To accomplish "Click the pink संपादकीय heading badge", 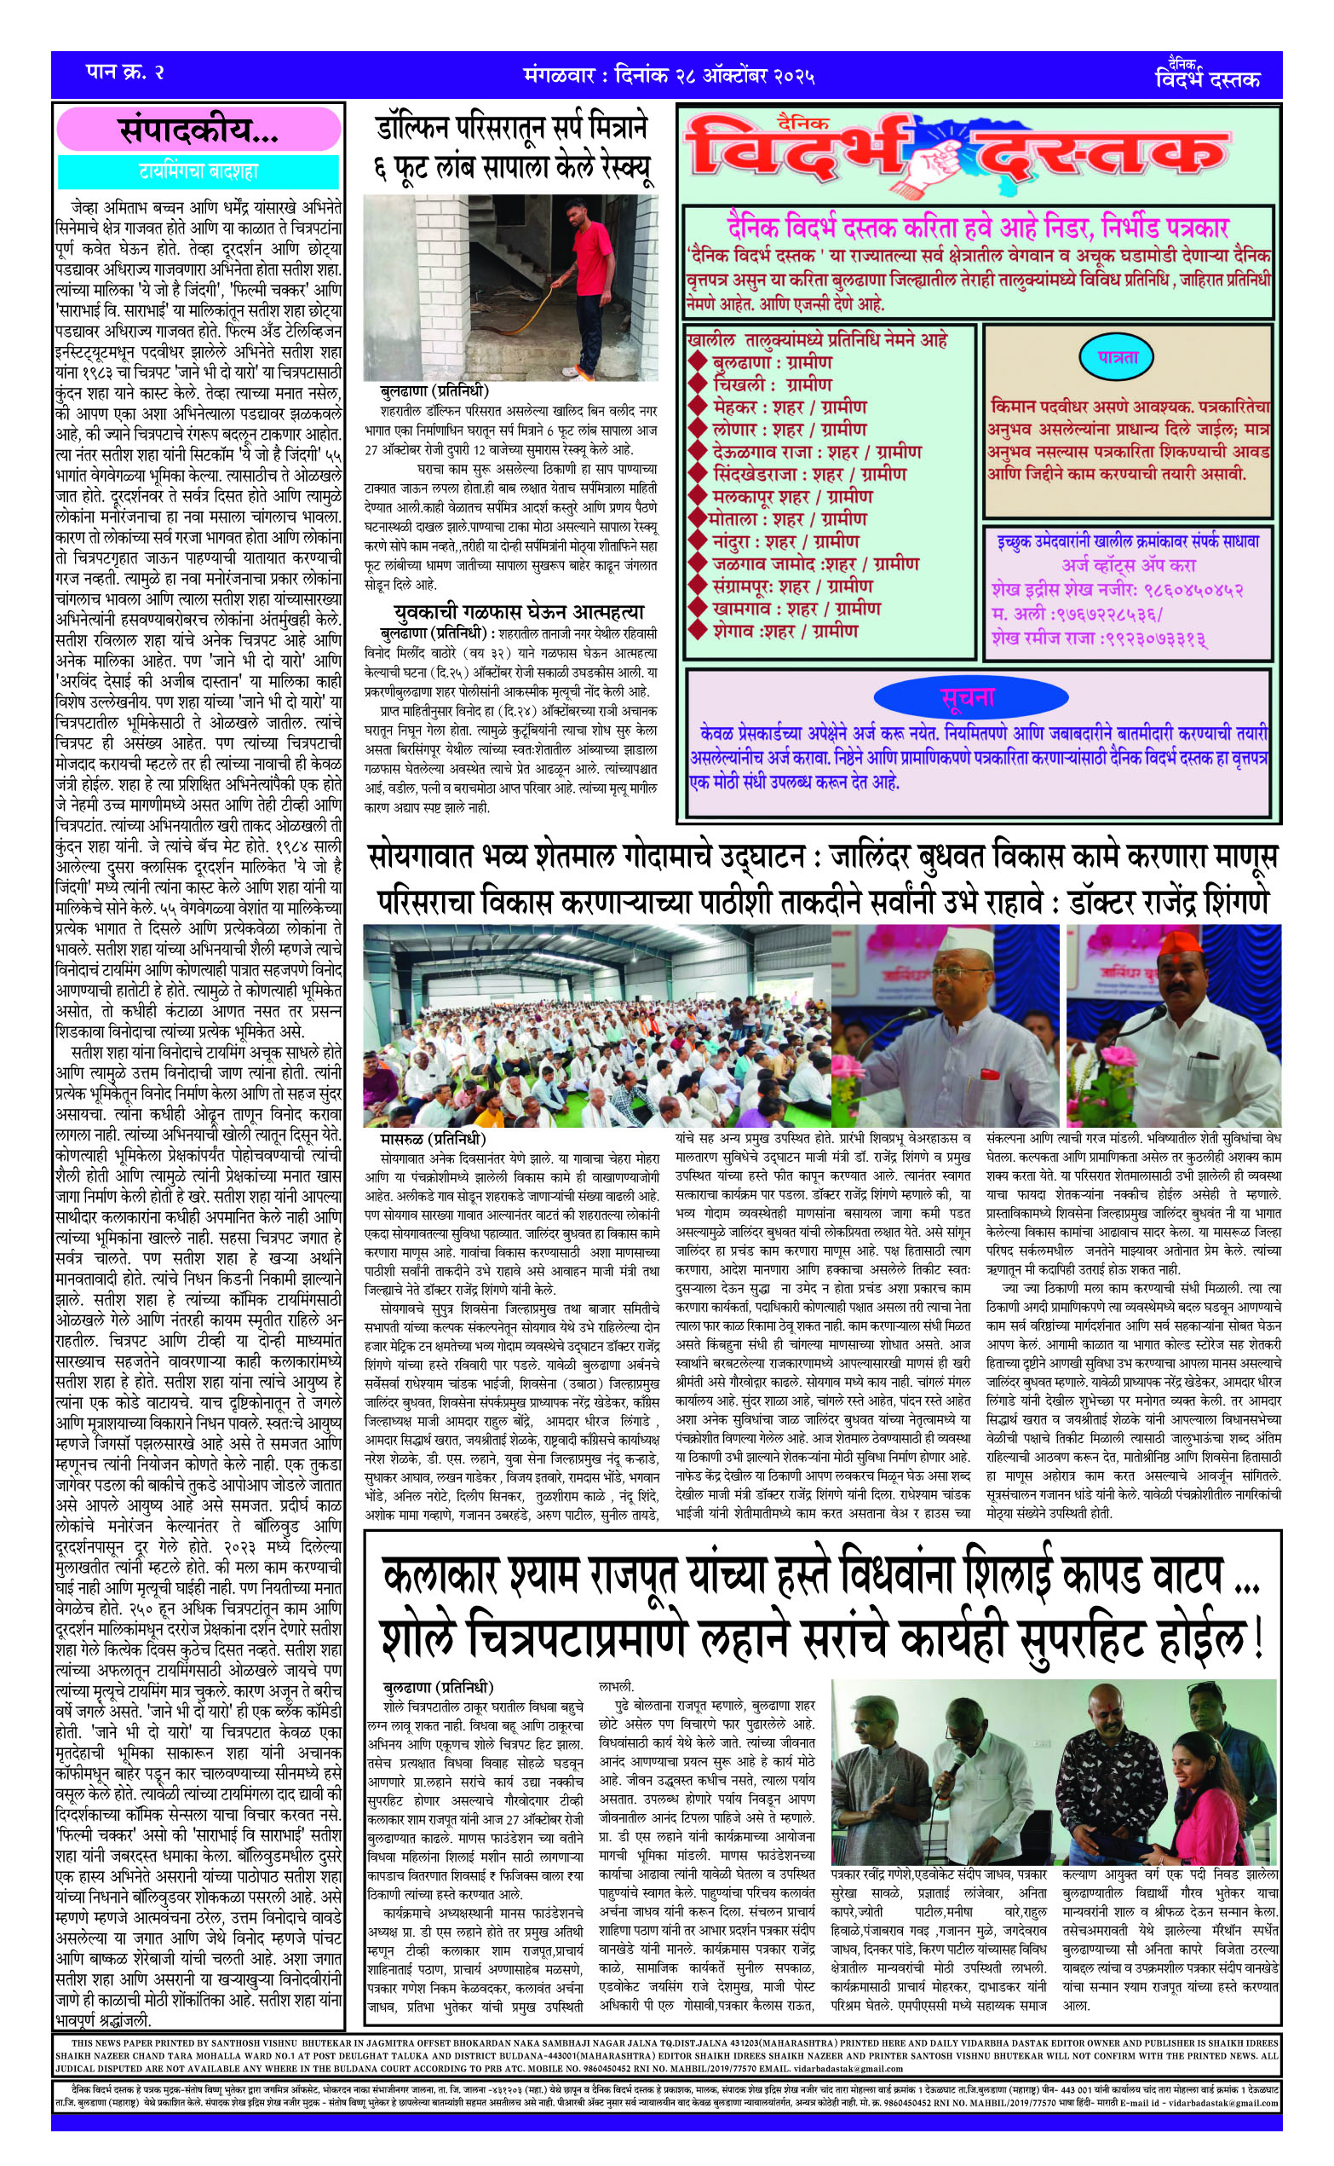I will point(198,130).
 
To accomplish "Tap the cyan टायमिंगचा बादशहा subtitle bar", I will point(198,171).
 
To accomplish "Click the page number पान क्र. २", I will point(124,72).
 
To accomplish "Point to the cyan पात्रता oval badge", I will point(1118,358).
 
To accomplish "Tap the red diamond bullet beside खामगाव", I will point(697,609).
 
